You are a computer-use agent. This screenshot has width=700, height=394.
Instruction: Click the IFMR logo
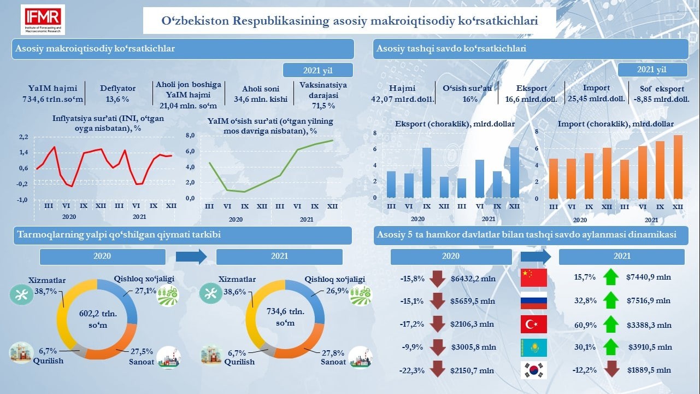pos(42,20)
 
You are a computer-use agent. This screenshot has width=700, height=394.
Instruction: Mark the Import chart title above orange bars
pos(615,124)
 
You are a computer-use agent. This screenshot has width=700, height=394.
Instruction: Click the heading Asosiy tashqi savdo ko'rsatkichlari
pos(451,49)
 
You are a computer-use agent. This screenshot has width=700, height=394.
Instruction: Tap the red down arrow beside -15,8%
pos(437,279)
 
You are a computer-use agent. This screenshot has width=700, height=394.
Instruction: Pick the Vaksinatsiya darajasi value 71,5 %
pos(323,105)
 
